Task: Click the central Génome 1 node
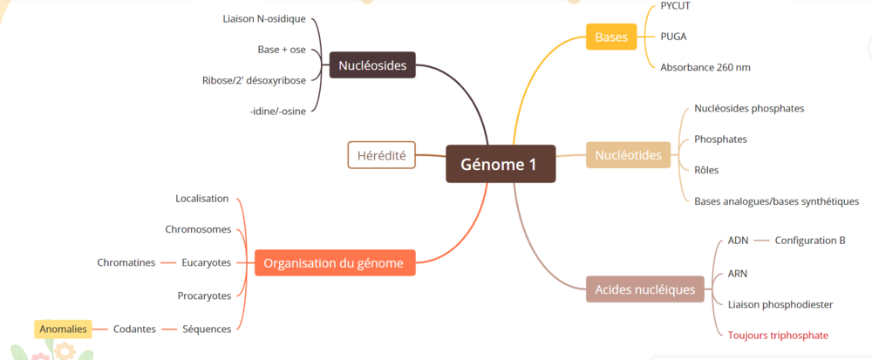pos(500,164)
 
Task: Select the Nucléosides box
pos(371,65)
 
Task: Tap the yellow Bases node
pos(611,37)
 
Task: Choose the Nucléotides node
pos(628,155)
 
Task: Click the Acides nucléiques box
pos(645,289)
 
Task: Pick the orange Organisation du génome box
pos(334,262)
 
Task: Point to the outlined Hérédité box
pos(381,155)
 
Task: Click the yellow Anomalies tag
pos(63,329)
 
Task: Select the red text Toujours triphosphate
pos(778,335)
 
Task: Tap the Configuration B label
pos(810,240)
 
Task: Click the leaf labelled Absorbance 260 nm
pos(705,67)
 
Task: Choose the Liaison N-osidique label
pos(264,18)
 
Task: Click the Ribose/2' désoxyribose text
pos(254,80)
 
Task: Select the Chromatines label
pos(126,262)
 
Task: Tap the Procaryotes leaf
pos(204,295)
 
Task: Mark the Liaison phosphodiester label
pos(780,304)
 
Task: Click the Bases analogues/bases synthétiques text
pos(776,201)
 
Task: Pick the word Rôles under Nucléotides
pos(706,170)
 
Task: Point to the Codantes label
pos(134,329)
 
